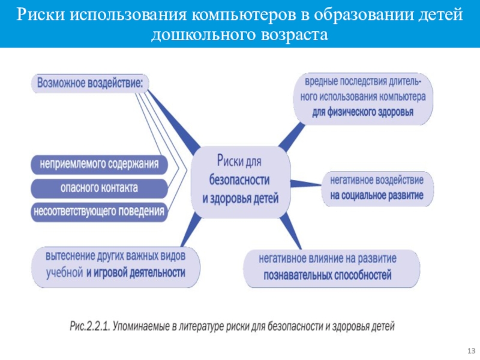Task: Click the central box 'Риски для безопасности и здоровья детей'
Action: point(240,180)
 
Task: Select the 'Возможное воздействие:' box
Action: point(91,83)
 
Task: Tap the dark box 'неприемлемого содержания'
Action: point(99,163)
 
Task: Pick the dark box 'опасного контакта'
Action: point(99,188)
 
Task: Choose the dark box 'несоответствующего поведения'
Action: point(99,211)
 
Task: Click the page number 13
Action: point(470,350)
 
